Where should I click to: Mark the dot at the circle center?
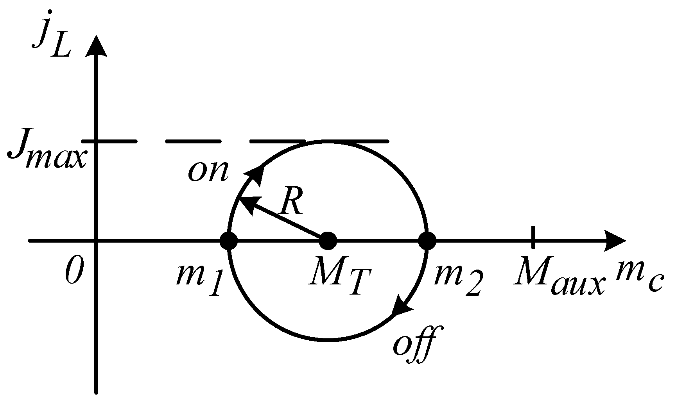[328, 241]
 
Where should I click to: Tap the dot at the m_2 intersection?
[427, 241]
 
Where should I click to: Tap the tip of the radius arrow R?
[242, 200]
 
